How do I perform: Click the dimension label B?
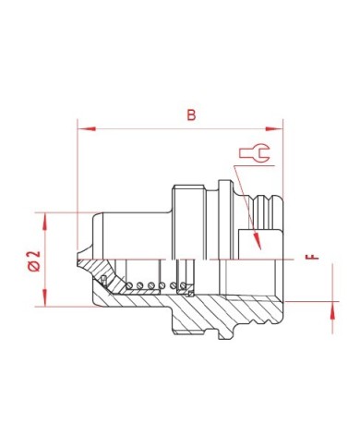(x=191, y=115)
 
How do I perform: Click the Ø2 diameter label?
(x=34, y=260)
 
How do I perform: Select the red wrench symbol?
(x=255, y=152)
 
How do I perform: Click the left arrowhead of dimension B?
(x=87, y=128)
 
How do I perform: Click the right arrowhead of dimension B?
(x=273, y=128)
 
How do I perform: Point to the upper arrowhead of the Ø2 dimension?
(x=45, y=222)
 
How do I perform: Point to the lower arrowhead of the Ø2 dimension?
(x=45, y=297)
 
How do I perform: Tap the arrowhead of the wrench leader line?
(x=257, y=241)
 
